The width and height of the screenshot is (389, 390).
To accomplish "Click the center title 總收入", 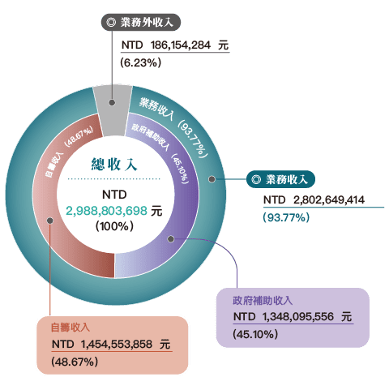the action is (114, 164).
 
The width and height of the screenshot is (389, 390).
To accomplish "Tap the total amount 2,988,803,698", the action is (107, 211).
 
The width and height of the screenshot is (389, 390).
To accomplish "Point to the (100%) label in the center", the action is (114, 226).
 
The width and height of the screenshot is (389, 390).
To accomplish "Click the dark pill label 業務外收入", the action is (141, 22).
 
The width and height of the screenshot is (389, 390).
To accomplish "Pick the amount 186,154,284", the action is (181, 45).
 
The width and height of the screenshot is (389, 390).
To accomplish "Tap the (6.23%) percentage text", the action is (141, 62).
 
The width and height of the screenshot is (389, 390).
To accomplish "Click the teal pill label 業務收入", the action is (280, 179).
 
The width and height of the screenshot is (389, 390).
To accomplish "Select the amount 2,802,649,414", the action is (329, 200).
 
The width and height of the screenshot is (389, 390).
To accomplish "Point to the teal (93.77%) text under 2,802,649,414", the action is (286, 217).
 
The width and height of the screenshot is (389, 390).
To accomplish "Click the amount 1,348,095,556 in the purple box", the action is (298, 317).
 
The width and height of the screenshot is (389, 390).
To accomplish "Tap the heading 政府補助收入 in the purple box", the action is (263, 301).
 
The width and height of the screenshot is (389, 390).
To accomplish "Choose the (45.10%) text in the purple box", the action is (255, 334).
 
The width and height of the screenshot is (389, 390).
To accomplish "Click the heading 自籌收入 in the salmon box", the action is (71, 328).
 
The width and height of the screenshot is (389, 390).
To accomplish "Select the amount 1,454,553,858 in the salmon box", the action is (117, 345).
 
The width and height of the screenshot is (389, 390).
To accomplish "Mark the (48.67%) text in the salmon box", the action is (75, 362).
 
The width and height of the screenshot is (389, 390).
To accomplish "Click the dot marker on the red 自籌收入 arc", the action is (50, 221).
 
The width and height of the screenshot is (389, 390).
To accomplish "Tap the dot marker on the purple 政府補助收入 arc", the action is (170, 239).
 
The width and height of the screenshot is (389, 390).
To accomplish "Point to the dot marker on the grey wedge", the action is (112, 102).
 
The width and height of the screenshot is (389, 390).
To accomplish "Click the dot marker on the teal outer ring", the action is (212, 179).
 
